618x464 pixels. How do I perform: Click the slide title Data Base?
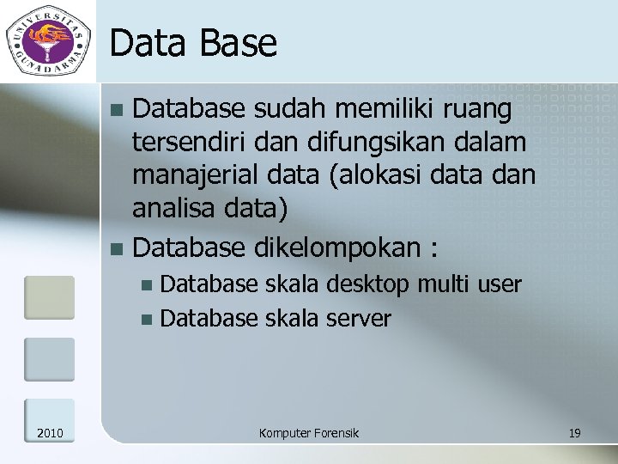pos(194,43)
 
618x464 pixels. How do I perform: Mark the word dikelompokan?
pos(338,248)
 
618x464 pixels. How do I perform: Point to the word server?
pos(358,319)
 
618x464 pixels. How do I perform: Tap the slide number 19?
pos(574,433)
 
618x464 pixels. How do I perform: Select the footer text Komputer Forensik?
pos(308,433)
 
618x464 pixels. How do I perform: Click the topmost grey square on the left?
pos(49,297)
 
